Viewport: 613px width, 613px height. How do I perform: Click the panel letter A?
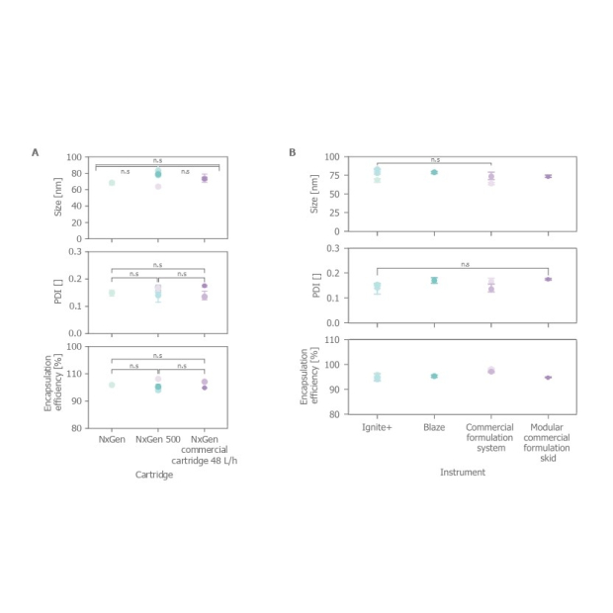coord(36,152)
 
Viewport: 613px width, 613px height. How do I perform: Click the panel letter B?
coord(292,152)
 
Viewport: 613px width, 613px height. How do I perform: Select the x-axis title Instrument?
coord(464,473)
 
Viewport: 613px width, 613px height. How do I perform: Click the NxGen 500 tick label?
coord(158,437)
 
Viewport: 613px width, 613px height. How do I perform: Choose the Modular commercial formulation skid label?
coord(548,440)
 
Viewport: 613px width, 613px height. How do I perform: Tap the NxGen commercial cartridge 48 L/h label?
coord(204,445)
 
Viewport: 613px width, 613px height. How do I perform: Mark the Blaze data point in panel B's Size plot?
coord(434,172)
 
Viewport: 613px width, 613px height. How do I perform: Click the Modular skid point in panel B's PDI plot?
coord(548,279)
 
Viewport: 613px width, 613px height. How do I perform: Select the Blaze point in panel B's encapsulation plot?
coord(434,376)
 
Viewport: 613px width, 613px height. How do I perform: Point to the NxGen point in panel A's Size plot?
coord(112,182)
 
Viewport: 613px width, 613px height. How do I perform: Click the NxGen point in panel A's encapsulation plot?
coord(112,385)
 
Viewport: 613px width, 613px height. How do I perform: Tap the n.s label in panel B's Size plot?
coord(434,159)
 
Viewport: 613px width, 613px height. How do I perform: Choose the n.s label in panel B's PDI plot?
coord(463,264)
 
